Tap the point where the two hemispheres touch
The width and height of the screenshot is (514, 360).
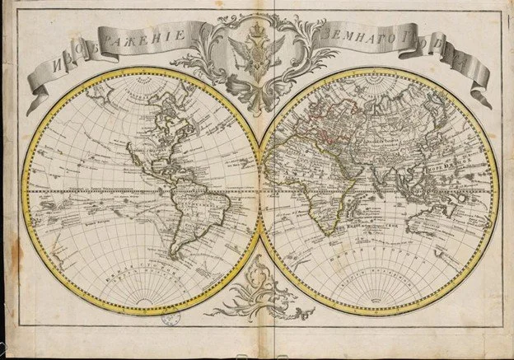tap(260, 193)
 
